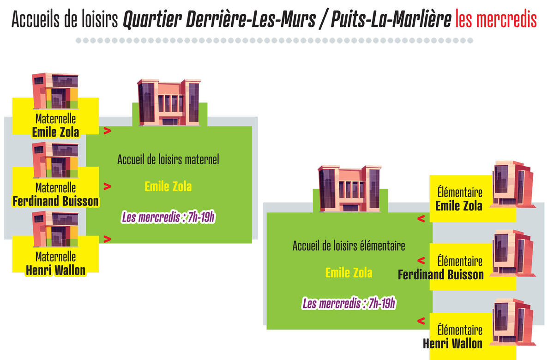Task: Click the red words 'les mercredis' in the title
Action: point(496,19)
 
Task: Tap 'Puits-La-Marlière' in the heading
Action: point(391,19)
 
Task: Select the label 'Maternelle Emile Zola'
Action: point(56,126)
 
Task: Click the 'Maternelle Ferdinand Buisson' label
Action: point(56,194)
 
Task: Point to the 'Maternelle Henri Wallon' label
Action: point(56,264)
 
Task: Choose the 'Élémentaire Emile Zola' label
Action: point(459,199)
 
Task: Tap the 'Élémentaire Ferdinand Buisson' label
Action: point(441,268)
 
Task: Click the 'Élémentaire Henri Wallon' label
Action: point(452,336)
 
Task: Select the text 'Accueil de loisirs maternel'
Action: point(168,159)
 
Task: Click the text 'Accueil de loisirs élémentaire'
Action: point(349,245)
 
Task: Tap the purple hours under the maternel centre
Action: point(168,217)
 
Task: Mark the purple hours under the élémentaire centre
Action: point(349,303)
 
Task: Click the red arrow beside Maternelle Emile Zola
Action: point(107,131)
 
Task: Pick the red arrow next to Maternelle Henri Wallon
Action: point(107,239)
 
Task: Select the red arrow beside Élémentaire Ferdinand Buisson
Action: point(421,260)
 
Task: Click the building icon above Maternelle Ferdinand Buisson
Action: point(55,160)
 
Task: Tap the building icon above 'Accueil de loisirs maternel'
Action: point(169,102)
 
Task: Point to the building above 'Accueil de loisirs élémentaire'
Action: point(349,188)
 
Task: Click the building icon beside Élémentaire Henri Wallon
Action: point(512,322)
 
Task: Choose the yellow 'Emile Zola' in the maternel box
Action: point(168,186)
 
